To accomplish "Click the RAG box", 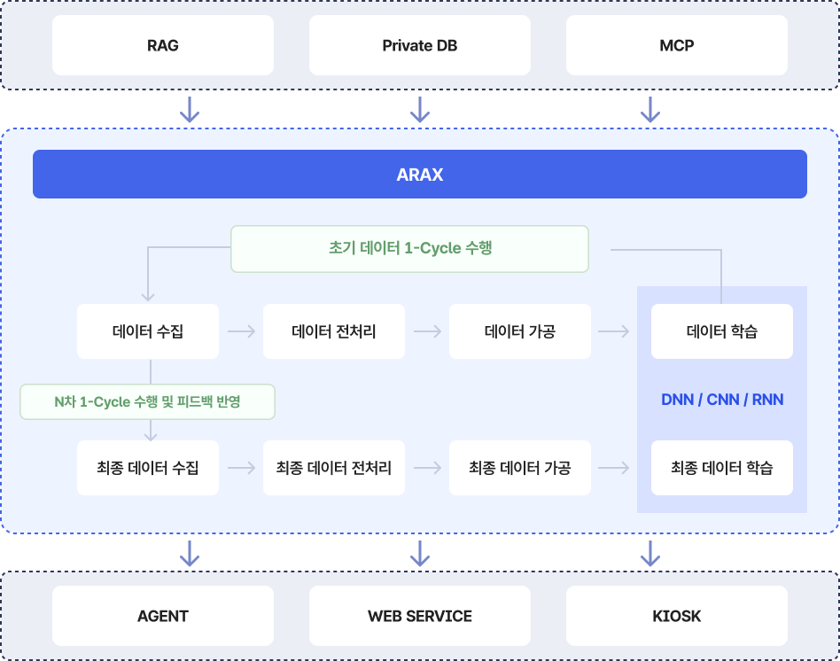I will pos(163,45).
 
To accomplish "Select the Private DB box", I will pos(420,45).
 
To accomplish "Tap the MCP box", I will pos(677,45).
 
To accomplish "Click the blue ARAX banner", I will pos(420,175).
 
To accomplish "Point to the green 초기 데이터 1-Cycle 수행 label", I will pos(409,248).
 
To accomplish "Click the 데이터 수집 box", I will pos(148,331).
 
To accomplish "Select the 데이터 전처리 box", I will pos(334,331).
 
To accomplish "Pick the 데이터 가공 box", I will pos(520,331).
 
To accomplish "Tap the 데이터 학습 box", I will pos(722,331).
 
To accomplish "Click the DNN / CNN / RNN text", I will pos(722,400).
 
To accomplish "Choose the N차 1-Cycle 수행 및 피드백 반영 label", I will pos(147,401).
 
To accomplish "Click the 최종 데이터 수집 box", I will pos(148,467).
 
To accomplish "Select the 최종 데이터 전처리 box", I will pos(334,467).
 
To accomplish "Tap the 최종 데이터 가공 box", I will pos(520,467).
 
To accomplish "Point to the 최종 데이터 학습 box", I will pos(722,467).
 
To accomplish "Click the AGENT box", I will pos(163,616).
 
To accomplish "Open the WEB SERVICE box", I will pos(420,616).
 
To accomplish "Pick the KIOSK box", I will pos(677,616).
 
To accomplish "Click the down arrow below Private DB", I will pos(420,110).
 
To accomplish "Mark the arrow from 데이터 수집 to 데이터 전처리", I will pos(241,331).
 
